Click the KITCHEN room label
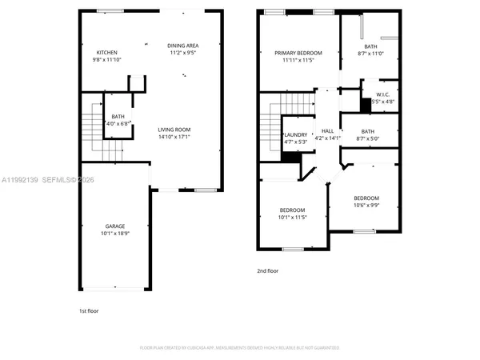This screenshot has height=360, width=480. tap(106, 53)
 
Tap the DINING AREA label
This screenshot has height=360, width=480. tap(182, 46)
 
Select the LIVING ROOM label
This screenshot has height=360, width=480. tap(174, 130)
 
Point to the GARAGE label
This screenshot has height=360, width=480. tap(116, 226)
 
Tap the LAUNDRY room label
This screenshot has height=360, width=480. tap(295, 135)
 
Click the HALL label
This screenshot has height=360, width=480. tap(327, 131)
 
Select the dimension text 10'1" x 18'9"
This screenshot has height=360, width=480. tap(116, 234)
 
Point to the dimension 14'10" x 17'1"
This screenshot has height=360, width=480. tap(174, 137)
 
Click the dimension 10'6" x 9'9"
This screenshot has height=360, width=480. tap(366, 205)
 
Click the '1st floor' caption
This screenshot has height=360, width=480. tap(88, 310)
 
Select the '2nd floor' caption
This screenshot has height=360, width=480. tap(269, 271)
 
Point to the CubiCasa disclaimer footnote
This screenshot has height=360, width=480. tap(240, 348)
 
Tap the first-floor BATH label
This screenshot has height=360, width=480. tap(118, 117)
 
